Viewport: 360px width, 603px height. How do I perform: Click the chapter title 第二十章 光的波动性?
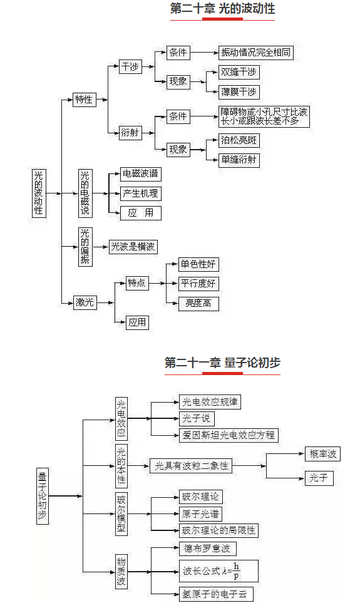click(x=222, y=9)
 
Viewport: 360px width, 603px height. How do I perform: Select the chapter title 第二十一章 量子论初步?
click(x=222, y=363)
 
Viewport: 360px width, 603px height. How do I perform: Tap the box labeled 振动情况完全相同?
click(x=256, y=53)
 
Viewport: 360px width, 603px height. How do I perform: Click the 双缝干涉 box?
click(x=239, y=72)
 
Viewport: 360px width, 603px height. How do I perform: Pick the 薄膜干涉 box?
click(x=239, y=92)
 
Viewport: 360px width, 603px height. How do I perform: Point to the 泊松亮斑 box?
click(x=239, y=140)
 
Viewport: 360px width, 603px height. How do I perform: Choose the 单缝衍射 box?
click(x=239, y=160)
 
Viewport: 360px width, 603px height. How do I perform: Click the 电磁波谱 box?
click(x=140, y=174)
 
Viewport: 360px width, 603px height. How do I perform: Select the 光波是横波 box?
click(x=133, y=247)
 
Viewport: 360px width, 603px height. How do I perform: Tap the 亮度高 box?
click(x=198, y=304)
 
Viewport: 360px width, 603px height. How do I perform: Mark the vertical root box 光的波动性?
click(x=39, y=193)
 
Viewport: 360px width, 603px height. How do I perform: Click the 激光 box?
click(x=85, y=302)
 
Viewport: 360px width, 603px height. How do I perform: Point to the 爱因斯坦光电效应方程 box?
click(x=229, y=435)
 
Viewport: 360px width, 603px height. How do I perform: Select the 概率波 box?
click(x=322, y=454)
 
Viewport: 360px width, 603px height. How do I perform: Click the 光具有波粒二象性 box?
click(x=191, y=466)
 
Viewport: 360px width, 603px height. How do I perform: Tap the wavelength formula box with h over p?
click(x=219, y=571)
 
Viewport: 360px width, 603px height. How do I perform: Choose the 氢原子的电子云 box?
click(x=214, y=594)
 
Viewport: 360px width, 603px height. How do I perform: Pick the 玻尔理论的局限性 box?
click(x=219, y=530)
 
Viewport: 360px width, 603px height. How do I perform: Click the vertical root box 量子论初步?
click(x=43, y=496)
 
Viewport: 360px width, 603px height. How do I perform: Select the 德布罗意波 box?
click(x=207, y=549)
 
